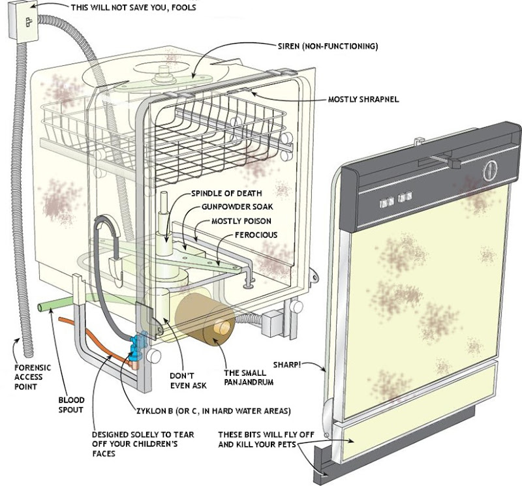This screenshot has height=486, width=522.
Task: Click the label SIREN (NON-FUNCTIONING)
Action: coord(328,46)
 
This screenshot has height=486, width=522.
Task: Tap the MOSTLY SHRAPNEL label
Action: coord(363,99)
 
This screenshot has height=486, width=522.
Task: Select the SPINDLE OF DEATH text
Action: coord(226,193)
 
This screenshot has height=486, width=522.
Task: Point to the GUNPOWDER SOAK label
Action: coord(237,207)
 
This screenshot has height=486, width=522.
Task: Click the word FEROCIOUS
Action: coord(256,235)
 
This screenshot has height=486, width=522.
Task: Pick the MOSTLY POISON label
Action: coord(241,221)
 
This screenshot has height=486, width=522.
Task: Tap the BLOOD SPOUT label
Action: coord(71,404)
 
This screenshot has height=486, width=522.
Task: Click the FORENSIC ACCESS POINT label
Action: coord(33,377)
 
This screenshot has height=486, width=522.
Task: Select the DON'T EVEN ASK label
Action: coord(188,380)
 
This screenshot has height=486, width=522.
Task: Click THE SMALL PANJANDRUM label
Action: coord(249,378)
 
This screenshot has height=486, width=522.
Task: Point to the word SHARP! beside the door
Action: coord(287,365)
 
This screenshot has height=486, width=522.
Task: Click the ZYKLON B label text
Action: coord(213,411)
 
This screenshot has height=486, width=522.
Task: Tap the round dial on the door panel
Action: coord(490,170)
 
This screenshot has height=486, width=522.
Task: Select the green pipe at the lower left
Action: coord(55,305)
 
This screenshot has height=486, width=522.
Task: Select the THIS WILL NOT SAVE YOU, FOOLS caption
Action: coord(134,7)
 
